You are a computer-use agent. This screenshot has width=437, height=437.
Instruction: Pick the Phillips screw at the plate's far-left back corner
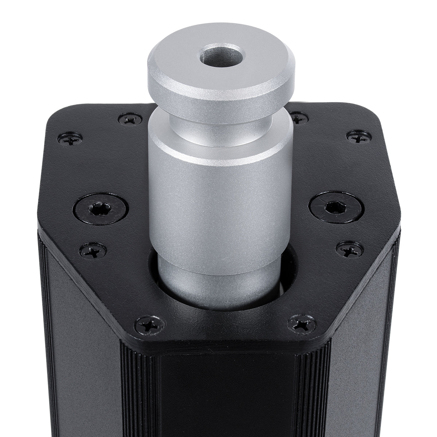tap(70, 138)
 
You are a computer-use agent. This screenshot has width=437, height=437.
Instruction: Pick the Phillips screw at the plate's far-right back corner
tap(359, 137)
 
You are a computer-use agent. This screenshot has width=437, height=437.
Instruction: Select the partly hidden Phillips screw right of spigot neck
tap(299, 118)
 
